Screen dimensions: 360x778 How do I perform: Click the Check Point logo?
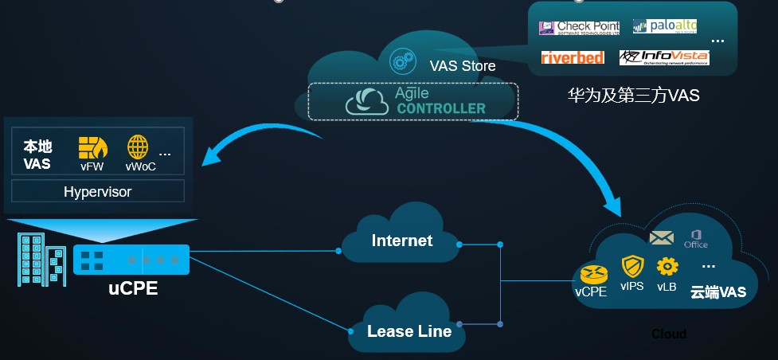point(579,28)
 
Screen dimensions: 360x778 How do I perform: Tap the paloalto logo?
point(664,26)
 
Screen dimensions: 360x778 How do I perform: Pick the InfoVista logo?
point(664,57)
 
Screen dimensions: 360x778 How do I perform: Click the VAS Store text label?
point(462,66)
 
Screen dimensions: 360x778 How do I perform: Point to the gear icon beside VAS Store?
point(401,61)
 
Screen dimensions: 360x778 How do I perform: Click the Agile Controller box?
point(413,101)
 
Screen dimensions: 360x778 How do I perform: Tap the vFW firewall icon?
point(92,147)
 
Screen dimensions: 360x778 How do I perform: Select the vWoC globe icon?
point(138,147)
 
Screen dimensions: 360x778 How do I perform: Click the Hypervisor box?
point(98,191)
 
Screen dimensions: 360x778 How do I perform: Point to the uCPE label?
point(133,288)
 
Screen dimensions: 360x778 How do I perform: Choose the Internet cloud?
point(401,240)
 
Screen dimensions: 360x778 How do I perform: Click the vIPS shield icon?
point(632,266)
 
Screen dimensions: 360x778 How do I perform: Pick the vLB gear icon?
point(667,266)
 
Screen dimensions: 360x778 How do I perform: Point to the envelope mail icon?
point(662,237)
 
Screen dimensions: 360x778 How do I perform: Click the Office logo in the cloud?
point(696,238)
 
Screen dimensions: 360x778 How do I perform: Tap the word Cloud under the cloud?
point(669,334)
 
